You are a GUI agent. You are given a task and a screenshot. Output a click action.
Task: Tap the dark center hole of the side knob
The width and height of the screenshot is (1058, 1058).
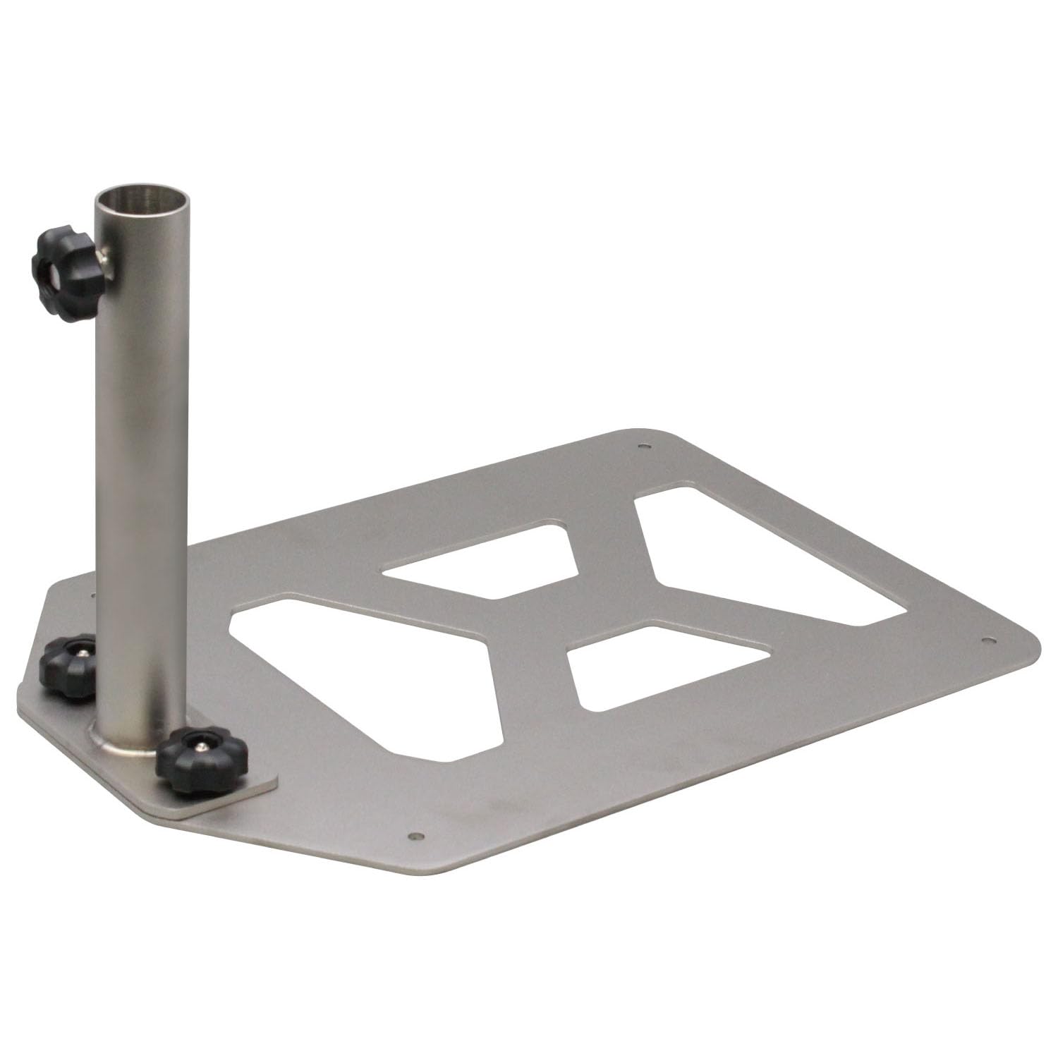click(51, 270)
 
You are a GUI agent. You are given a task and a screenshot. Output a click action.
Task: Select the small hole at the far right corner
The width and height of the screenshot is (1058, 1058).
click(986, 640)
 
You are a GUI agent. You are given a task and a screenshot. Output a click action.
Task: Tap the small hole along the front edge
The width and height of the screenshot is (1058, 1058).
click(415, 836)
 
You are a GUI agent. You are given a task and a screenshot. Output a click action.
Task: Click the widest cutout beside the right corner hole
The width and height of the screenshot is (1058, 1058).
click(762, 557)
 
